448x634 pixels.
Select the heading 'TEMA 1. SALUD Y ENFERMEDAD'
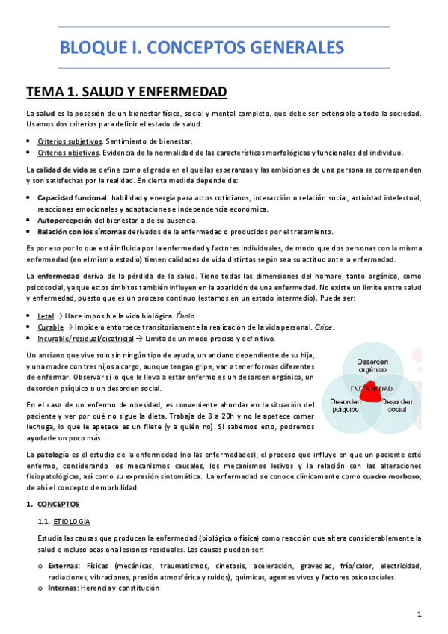[x=126, y=92]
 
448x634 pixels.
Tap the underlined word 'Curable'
[x=50, y=327]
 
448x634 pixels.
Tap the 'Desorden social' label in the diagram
[x=398, y=406]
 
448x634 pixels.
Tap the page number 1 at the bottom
[x=420, y=615]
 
